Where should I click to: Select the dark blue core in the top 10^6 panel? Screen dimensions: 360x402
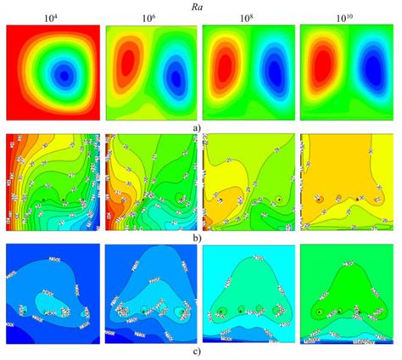176,78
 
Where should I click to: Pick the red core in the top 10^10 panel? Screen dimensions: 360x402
324,62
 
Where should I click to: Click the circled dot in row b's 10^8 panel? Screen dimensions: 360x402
278,200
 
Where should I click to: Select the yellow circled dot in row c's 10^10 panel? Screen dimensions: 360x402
318,312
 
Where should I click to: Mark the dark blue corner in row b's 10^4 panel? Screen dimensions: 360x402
12,224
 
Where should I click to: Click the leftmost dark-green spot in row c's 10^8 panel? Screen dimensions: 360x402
223,311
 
